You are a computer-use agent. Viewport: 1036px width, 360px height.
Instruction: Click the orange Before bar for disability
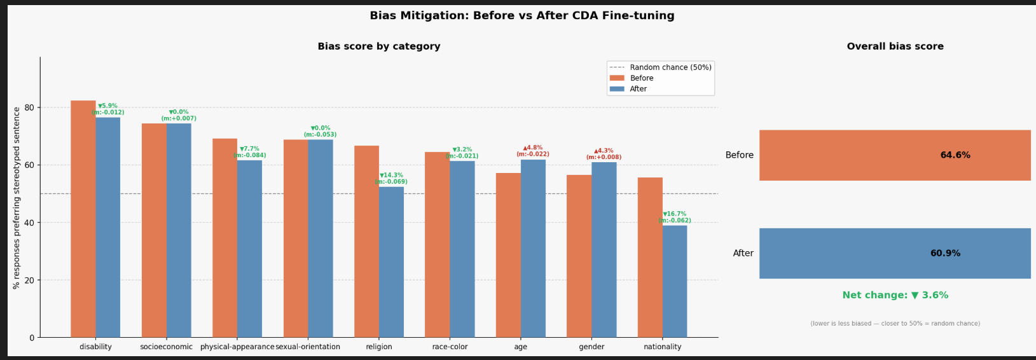click(83, 219)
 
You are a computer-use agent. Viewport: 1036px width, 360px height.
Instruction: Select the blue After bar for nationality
click(675, 281)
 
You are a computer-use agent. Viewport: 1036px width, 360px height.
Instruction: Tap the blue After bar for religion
click(391, 262)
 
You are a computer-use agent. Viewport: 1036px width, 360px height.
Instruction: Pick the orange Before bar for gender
click(579, 256)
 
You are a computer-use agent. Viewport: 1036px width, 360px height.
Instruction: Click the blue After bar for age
click(533, 248)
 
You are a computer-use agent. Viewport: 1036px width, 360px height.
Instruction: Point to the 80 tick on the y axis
click(30, 107)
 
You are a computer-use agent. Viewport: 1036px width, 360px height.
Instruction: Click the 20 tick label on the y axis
click(30, 280)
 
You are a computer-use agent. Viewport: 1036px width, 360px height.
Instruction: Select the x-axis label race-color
click(450, 347)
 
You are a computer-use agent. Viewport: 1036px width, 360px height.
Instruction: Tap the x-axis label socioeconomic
click(166, 347)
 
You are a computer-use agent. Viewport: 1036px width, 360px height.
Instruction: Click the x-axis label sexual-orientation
click(308, 347)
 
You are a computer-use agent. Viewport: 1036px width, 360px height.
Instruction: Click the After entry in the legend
click(638, 89)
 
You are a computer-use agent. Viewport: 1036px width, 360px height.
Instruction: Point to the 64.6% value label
click(955, 155)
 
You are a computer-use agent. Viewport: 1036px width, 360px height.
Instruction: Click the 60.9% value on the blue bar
click(945, 253)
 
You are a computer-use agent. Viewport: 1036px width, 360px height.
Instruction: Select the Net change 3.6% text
click(895, 295)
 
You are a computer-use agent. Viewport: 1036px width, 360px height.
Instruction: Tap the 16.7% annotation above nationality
click(675, 214)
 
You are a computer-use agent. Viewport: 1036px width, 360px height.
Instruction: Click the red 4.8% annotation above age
click(533, 148)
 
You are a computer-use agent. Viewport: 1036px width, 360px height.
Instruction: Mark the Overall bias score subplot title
click(895, 46)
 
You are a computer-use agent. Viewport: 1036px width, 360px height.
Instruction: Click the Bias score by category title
click(379, 46)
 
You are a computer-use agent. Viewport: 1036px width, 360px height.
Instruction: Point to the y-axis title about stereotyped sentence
click(17, 197)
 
